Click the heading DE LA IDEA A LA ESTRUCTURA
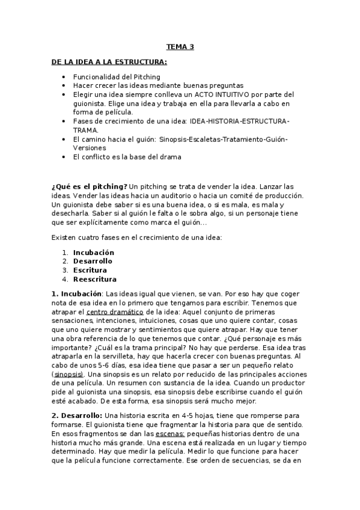tap(109, 62)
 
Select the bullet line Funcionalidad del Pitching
tap(117, 77)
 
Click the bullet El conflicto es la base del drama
tap(127, 156)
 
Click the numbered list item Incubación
tap(93, 253)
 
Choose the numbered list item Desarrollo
tap(93, 261)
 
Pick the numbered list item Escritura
tap(90, 270)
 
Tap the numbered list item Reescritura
tap(95, 279)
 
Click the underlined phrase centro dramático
tap(114, 312)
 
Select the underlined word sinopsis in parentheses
tap(67, 373)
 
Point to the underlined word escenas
tap(171, 434)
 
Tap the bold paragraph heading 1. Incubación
tap(76, 293)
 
